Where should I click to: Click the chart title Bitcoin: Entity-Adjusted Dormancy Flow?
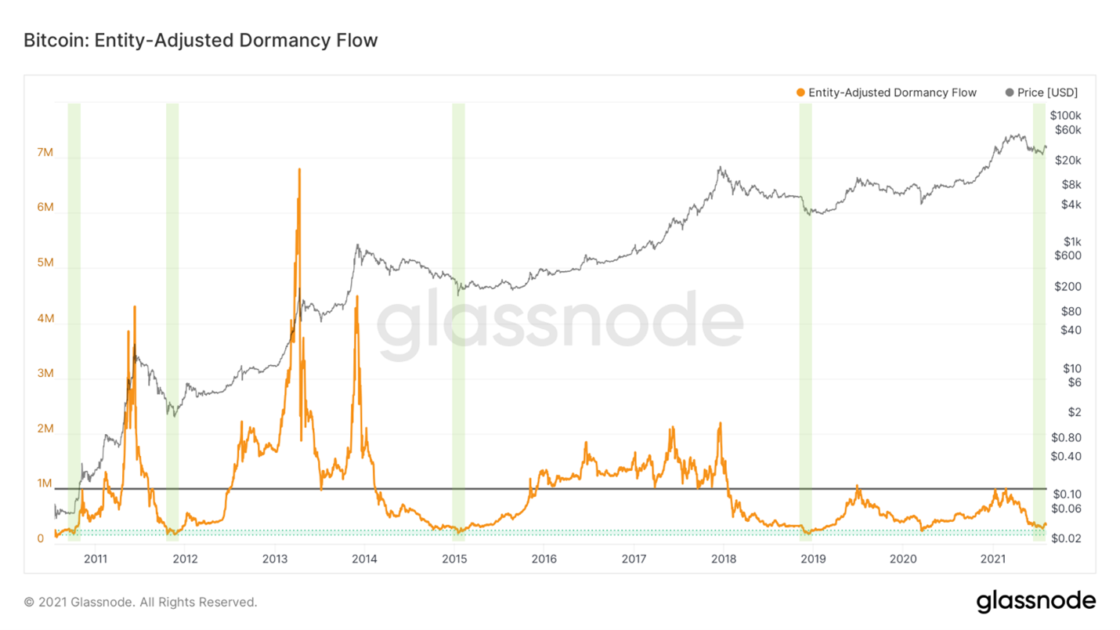pos(201,40)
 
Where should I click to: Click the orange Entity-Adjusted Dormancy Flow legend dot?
pos(800,92)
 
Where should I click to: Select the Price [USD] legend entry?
pos(1041,92)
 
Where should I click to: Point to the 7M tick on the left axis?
pos(45,152)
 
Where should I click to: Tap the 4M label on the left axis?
pos(45,319)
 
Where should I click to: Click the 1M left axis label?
pos(45,483)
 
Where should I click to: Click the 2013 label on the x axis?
pos(275,559)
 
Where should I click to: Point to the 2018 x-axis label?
pos(724,559)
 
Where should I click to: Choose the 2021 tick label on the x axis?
pos(993,559)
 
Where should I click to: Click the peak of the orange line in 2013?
pos(299,168)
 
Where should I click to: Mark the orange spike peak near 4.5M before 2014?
pos(357,296)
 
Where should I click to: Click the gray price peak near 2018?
pos(719,167)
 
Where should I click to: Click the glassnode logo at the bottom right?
pos(1035,601)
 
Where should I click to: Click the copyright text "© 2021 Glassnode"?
pos(141,603)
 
